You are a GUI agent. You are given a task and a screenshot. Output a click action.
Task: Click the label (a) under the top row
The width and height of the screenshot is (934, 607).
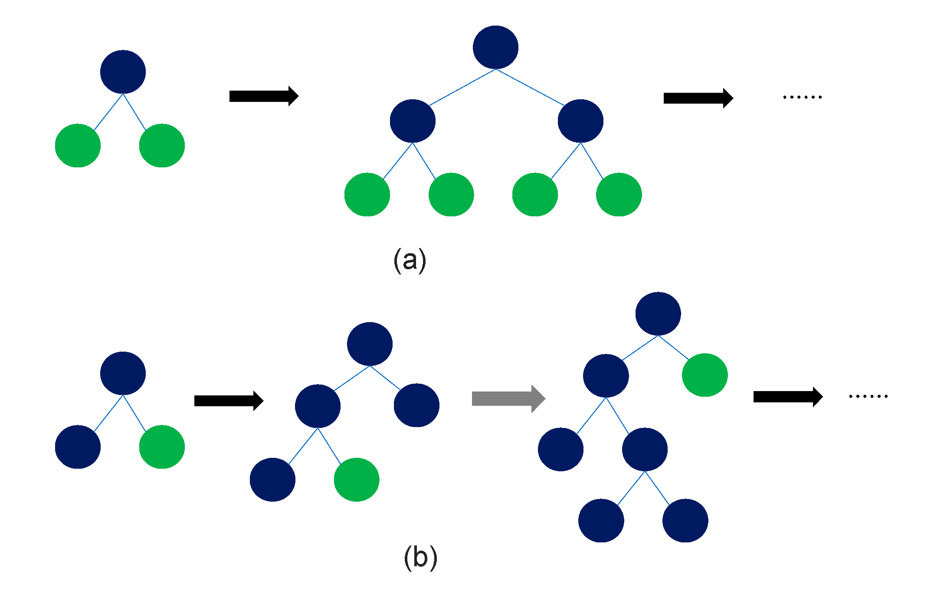pyautogui.click(x=410, y=260)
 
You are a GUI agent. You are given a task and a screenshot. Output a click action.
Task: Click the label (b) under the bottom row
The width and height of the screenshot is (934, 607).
pyautogui.click(x=420, y=558)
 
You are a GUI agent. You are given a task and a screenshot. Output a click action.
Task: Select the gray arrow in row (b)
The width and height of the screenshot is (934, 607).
pyautogui.click(x=508, y=398)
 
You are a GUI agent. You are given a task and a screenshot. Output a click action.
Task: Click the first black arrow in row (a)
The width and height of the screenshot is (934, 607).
pyautogui.click(x=263, y=96)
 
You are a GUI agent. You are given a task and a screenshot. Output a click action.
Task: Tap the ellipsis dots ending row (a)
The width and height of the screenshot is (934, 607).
pyautogui.click(x=802, y=97)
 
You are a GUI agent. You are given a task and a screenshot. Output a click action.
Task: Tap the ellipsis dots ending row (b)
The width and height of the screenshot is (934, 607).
pyautogui.click(x=868, y=396)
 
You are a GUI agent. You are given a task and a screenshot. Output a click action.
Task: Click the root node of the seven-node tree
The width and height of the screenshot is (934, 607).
pyautogui.click(x=495, y=47)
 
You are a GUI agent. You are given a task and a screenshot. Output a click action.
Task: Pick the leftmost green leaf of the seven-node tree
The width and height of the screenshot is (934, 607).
pyautogui.click(x=367, y=194)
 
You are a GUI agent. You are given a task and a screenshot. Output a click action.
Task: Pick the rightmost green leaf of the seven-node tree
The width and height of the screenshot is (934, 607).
pyautogui.click(x=619, y=194)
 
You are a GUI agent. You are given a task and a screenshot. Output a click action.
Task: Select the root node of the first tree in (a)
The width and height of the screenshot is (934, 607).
pyautogui.click(x=123, y=72)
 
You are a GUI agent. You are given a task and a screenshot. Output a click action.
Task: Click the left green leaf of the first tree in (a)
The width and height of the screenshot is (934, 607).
pyautogui.click(x=78, y=145)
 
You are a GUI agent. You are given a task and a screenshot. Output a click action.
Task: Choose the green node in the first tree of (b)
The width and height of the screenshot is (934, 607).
pyautogui.click(x=162, y=447)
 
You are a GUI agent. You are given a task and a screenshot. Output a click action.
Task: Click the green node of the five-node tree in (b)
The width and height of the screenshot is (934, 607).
pyautogui.click(x=357, y=480)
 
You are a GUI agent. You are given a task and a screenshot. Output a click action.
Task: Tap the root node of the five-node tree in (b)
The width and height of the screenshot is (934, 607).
pyautogui.click(x=370, y=344)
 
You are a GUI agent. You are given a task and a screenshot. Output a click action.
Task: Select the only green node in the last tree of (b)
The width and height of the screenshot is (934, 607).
pyautogui.click(x=705, y=375)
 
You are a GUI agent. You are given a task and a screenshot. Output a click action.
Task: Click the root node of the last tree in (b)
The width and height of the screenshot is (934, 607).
pyautogui.click(x=658, y=313)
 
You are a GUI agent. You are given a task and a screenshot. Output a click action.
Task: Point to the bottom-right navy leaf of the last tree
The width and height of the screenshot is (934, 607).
pyautogui.click(x=685, y=520)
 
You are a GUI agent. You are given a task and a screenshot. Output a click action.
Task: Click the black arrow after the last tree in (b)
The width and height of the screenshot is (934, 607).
pyautogui.click(x=787, y=397)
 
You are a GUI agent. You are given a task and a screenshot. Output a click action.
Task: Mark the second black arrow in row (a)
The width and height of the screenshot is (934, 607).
pyautogui.click(x=698, y=98)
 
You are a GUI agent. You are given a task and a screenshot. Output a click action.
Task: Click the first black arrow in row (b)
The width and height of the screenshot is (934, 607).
pyautogui.click(x=228, y=401)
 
